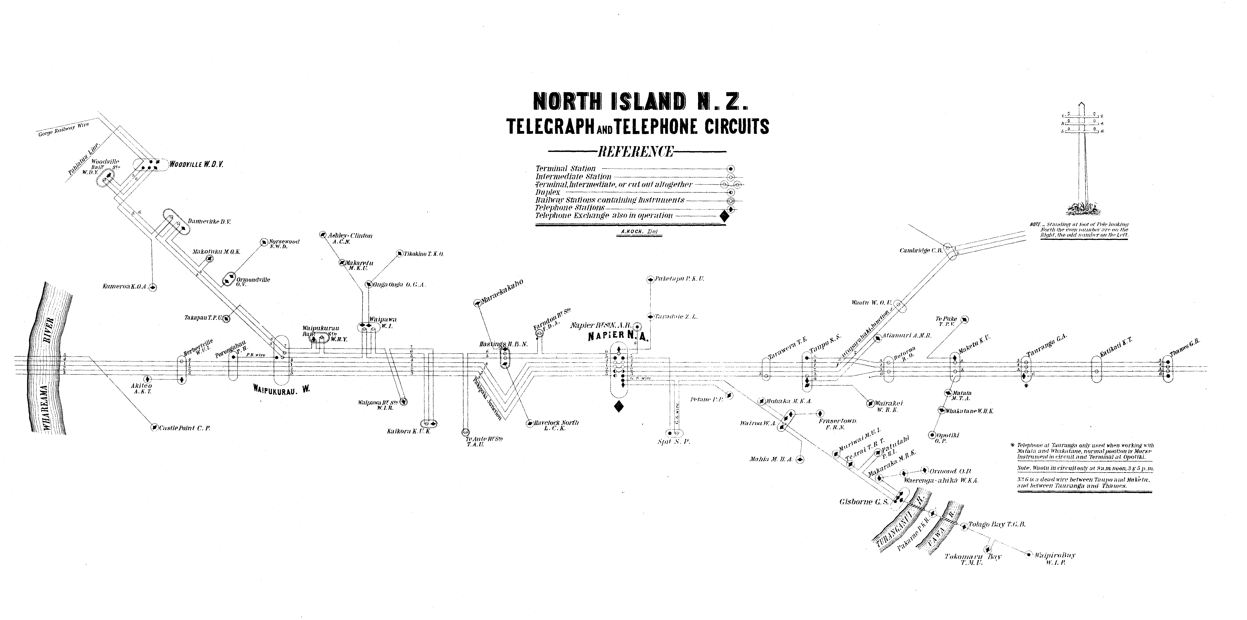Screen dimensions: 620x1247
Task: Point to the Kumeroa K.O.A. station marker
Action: click(153, 287)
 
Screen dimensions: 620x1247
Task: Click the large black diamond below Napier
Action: click(618, 407)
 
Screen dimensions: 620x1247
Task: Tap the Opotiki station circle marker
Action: click(932, 435)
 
